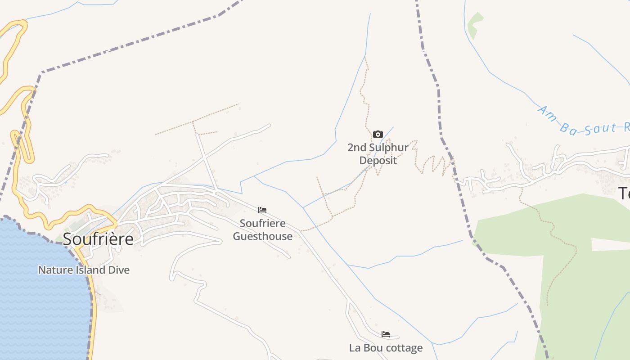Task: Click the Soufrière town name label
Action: point(98,239)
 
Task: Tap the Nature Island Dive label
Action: point(84,270)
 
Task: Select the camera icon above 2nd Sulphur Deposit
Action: point(378,134)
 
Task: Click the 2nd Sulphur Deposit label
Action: point(378,154)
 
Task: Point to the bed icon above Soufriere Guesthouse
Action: point(262,210)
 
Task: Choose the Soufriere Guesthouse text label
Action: point(263,229)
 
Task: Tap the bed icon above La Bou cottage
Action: point(386,334)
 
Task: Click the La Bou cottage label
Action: point(386,348)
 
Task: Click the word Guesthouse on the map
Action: point(263,236)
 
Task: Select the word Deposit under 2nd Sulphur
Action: point(378,160)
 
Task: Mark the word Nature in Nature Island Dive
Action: point(52,270)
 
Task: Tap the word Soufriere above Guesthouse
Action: point(263,223)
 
